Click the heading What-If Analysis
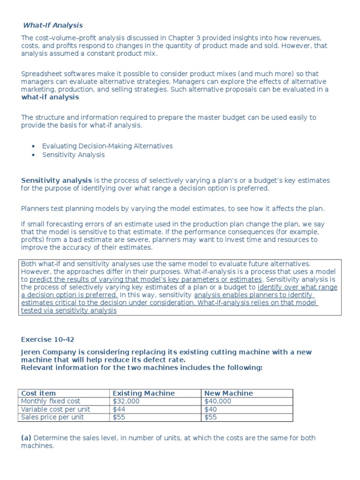(x=53, y=25)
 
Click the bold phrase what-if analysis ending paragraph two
(x=50, y=97)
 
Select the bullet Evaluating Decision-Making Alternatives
(x=107, y=146)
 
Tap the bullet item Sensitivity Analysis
(x=74, y=155)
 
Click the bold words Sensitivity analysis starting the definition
(x=57, y=180)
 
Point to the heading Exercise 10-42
(x=48, y=339)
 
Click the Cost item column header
(x=38, y=393)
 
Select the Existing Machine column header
(x=144, y=393)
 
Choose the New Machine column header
(x=229, y=393)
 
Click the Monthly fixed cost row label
(x=51, y=401)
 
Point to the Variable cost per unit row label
(x=56, y=409)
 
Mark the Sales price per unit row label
(x=52, y=417)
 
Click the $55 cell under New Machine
(x=211, y=417)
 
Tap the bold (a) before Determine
(x=26, y=438)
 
